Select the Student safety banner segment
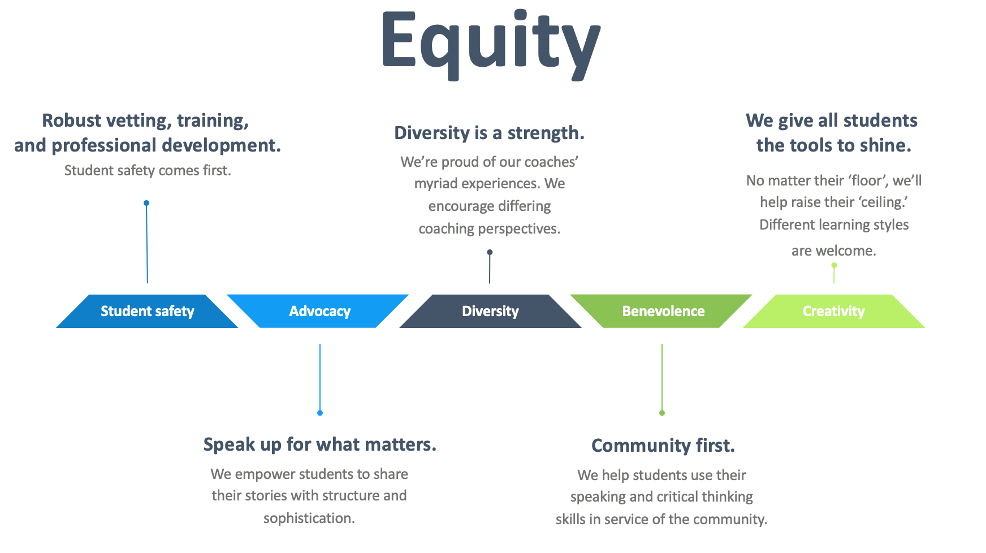coord(147,311)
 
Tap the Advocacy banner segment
coord(318,311)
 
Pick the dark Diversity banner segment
coord(490,311)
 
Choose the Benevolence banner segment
coord(661,311)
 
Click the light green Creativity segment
coord(833,311)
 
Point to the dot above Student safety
coord(146,203)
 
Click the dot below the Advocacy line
coord(320,413)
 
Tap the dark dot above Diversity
coord(490,252)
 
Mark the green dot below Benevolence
coord(662,413)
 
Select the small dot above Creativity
coord(834,265)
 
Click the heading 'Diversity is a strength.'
coord(490,133)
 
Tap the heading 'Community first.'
coord(663,446)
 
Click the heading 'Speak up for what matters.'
coord(320,444)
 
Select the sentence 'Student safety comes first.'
coord(148,170)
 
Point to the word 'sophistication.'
coord(309,518)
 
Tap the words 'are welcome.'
coord(834,250)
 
